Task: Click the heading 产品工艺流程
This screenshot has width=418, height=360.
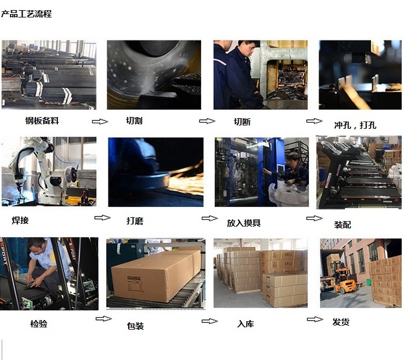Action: point(26,13)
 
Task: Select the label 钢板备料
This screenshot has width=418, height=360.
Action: point(42,120)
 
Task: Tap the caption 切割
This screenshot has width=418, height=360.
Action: point(134,120)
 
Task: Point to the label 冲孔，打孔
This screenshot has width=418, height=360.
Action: point(355,125)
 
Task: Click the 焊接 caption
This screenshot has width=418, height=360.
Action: point(20,220)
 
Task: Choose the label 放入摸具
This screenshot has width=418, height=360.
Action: point(244,223)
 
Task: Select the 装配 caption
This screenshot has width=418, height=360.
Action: point(343,224)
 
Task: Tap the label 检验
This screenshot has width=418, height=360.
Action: point(39,323)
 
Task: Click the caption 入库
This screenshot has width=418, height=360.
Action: point(246,323)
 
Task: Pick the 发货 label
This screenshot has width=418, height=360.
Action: point(340,322)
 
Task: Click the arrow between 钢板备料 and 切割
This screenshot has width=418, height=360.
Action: point(100,121)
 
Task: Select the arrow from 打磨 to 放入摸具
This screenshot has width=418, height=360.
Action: point(210,218)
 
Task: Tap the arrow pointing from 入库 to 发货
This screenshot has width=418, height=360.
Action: point(315,319)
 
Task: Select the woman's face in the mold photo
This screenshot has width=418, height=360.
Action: point(293,160)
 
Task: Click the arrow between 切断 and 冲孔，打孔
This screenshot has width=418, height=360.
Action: point(314,121)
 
